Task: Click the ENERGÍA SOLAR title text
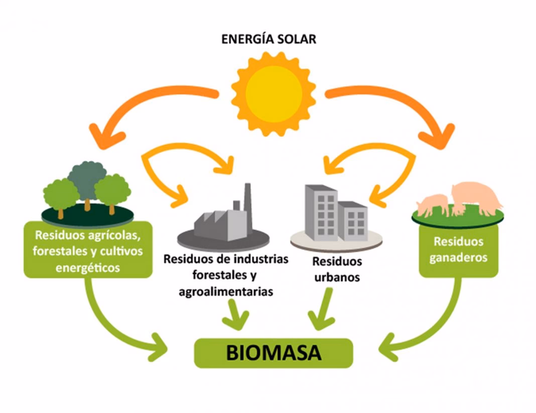tap(269, 39)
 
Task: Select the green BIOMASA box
tap(274, 353)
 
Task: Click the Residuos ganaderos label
tap(458, 250)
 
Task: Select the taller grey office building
tap(321, 209)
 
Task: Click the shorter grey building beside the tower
tap(353, 219)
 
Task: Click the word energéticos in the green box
tap(88, 268)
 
